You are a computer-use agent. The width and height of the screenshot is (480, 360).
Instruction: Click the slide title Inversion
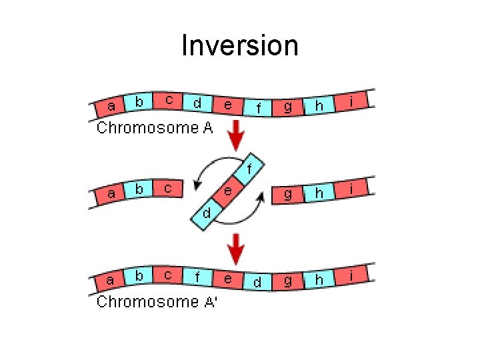coord(240,46)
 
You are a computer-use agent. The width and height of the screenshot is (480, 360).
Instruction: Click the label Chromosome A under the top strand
coord(155,128)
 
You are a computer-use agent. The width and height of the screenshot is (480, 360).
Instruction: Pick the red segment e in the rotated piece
coord(228,191)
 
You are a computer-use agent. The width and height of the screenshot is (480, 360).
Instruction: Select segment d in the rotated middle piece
coord(207,213)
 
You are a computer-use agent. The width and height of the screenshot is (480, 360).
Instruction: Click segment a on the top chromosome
coord(111,106)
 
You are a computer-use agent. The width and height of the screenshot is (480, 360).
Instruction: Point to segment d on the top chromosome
coord(197,103)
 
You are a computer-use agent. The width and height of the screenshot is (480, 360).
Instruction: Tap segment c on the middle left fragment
coord(168,189)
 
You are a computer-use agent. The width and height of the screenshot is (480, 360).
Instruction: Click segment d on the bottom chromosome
coord(257,282)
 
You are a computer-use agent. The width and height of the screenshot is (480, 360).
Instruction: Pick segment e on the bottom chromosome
coord(228,279)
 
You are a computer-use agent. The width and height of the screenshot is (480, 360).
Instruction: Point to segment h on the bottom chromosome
coord(319,279)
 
